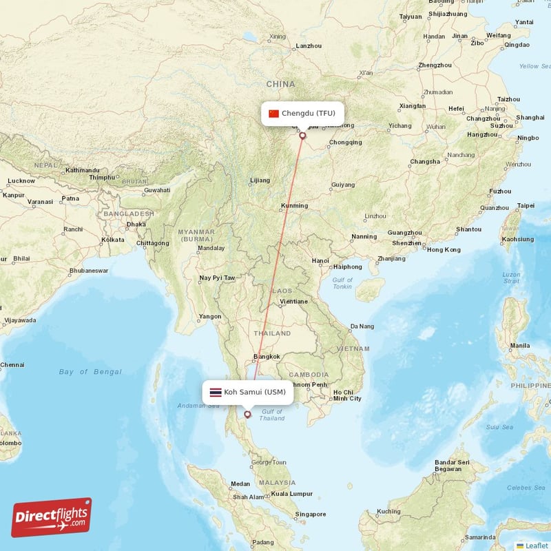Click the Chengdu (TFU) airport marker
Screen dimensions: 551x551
[302, 136]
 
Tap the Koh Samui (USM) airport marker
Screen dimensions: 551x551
[247, 415]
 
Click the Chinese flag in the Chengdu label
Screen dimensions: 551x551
[273, 114]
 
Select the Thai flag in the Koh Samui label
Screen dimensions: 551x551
[216, 393]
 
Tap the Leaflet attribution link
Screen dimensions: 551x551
[537, 545]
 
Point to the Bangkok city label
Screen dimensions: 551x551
[267, 356]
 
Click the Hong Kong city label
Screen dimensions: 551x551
[444, 249]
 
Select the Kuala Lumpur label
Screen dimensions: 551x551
[291, 493]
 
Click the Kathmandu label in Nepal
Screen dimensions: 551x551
[82, 170]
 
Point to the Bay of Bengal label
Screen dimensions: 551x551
[90, 372]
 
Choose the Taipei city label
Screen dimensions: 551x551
[526, 205]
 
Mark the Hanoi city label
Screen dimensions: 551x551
[320, 260]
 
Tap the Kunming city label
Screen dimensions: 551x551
[295, 205]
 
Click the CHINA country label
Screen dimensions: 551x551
[280, 84]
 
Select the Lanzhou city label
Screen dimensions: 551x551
[308, 45]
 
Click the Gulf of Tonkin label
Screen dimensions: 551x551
[342, 284]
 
